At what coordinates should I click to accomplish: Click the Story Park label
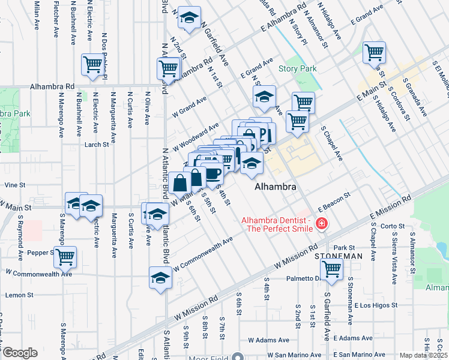[297, 69]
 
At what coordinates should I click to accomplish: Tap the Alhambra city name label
[276, 187]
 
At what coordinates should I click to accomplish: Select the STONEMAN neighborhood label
[339, 256]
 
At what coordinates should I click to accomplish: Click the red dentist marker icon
[322, 224]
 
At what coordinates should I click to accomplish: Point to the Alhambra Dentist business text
[276, 224]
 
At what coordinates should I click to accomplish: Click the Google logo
[19, 353]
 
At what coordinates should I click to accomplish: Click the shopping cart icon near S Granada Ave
[375, 52]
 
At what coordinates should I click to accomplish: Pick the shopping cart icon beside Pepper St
[65, 257]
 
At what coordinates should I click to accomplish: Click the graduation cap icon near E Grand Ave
[264, 97]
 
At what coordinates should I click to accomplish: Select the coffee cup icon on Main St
[213, 173]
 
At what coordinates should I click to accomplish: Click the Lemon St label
[17, 295]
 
